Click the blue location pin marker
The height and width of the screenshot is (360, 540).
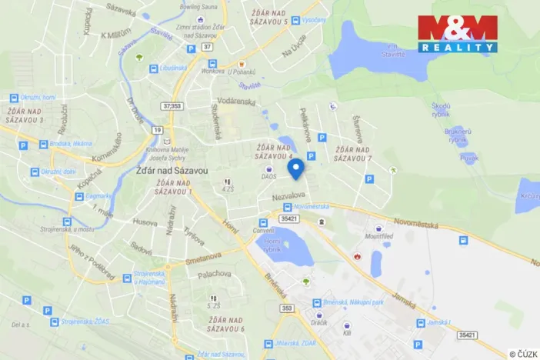[295, 169]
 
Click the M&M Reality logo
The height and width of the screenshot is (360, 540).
[458, 33]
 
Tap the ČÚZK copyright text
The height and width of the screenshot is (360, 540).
[523, 353]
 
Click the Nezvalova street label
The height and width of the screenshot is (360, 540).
[288, 195]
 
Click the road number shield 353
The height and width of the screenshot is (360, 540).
[266, 308]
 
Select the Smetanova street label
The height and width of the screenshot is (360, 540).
[204, 258]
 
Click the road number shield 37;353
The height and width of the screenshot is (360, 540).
[173, 105]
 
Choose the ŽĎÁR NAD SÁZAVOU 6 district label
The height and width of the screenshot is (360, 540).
[221, 324]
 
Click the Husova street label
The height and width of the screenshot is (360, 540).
[145, 222]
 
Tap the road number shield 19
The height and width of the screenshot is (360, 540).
[158, 130]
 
